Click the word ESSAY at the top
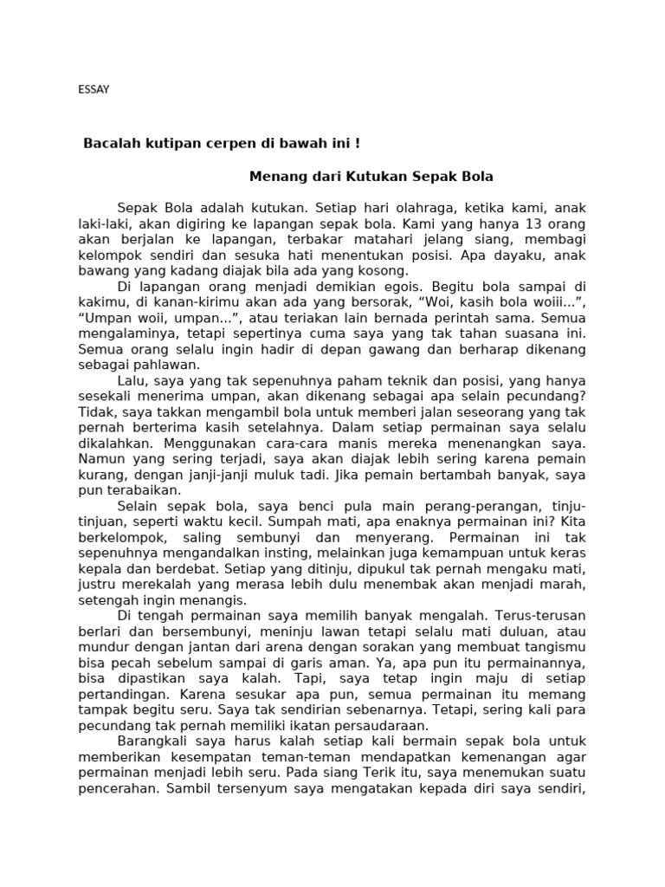click(94, 89)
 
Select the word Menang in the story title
click(273, 177)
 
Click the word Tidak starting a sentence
click(93, 413)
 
